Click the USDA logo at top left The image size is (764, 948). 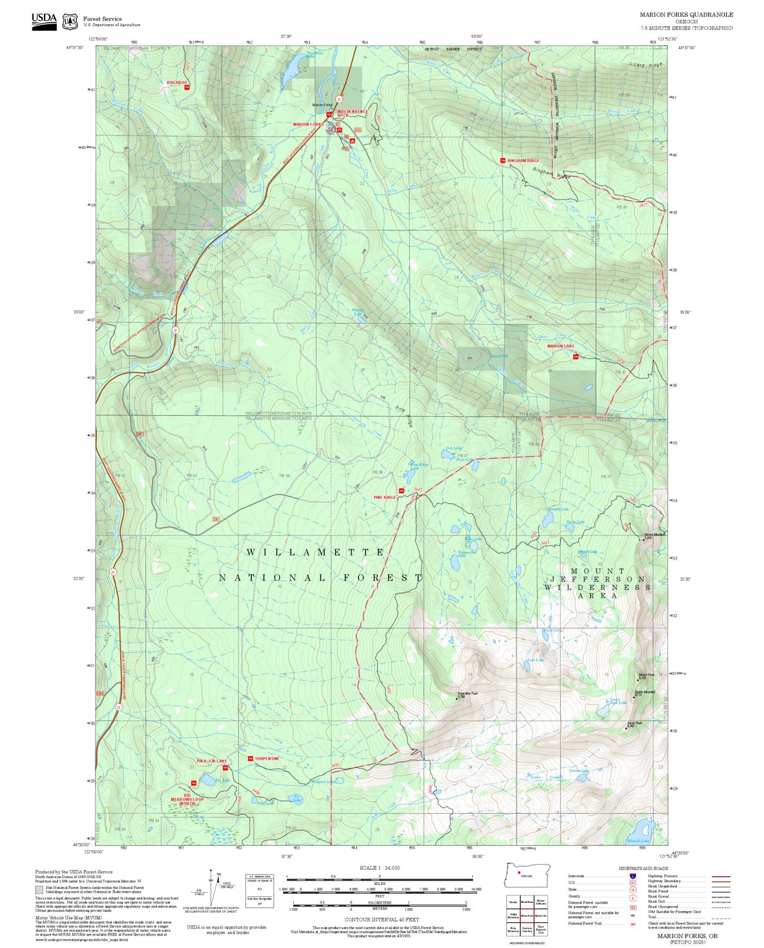pyautogui.click(x=44, y=21)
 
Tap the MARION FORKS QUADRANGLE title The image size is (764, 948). pyautogui.click(x=686, y=15)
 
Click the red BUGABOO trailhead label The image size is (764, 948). pyautogui.click(x=177, y=83)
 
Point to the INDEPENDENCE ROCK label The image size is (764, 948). pyautogui.click(x=352, y=113)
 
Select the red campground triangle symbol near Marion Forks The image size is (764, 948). pyautogui.click(x=352, y=141)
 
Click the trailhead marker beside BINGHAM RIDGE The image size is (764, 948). pyautogui.click(x=502, y=160)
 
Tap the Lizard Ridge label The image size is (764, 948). pyautogui.click(x=646, y=64)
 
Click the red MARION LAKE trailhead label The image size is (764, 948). pyautogui.click(x=560, y=346)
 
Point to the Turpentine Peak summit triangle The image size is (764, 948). pyautogui.click(x=457, y=698)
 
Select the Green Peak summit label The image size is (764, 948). pyautogui.click(x=634, y=723)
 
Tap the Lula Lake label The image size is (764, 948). pyautogui.click(x=535, y=660)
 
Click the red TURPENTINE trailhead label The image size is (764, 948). pyautogui.click(x=267, y=758)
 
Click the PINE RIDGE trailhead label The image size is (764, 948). pyautogui.click(x=384, y=497)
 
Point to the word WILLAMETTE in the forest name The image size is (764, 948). pyautogui.click(x=316, y=552)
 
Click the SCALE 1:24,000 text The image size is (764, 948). pyautogui.click(x=379, y=868)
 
